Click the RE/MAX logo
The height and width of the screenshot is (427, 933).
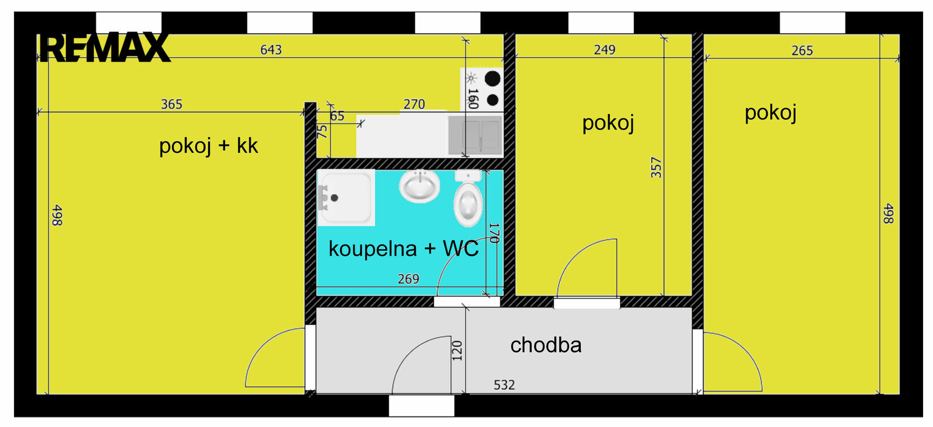coord(105,47)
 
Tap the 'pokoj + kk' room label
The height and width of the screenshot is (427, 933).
coord(209,146)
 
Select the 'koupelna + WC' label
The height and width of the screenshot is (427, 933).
coord(404,249)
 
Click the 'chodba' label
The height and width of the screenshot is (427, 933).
coord(546,345)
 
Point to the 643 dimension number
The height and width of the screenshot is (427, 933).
coord(271,50)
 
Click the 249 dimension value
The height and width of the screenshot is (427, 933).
coord(604,50)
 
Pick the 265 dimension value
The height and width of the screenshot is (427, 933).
coord(802,51)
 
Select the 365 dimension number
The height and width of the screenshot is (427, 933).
coord(171,104)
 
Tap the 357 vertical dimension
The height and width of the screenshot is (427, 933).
coord(656,167)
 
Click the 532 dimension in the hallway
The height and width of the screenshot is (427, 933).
coord(504,385)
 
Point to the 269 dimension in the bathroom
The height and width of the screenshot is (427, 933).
coord(408,279)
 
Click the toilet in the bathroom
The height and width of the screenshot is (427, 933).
coord(468,198)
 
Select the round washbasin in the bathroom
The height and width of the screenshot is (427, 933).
coord(419,186)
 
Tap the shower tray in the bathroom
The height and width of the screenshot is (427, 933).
coord(346,198)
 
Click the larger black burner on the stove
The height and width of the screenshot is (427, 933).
coord(492,78)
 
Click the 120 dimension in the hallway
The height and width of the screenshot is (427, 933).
coord(457,351)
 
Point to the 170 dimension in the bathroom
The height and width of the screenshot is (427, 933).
coord(494,233)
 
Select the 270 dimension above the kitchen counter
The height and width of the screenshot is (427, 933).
coord(414,104)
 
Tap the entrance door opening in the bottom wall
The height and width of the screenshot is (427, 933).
coord(422,406)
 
